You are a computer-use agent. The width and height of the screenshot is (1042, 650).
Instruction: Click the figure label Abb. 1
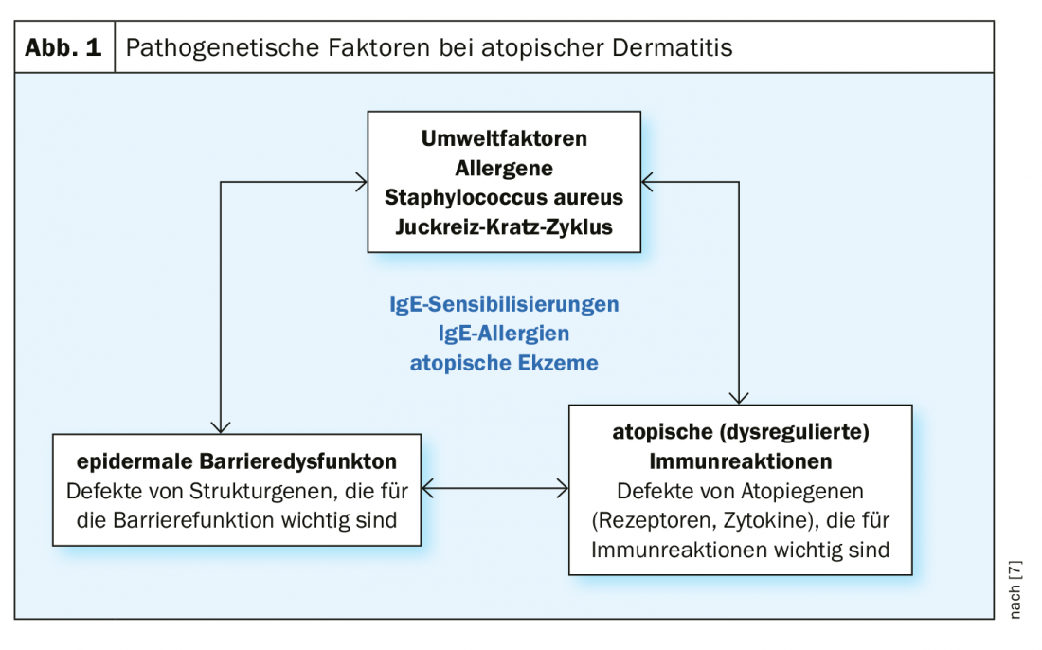[x=63, y=47]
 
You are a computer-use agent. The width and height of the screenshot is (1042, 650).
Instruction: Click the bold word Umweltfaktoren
[x=504, y=138]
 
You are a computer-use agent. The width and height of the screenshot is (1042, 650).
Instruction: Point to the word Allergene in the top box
[x=504, y=168]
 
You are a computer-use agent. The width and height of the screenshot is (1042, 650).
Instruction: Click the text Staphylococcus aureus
[x=504, y=197]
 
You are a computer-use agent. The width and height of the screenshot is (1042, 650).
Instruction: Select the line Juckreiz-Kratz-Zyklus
[x=504, y=226]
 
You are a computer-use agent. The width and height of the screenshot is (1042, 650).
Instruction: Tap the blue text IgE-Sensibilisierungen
[x=504, y=304]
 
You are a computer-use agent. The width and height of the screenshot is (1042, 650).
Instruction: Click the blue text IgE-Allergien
[x=504, y=333]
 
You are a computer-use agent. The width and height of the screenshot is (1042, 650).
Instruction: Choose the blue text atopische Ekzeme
[x=504, y=363]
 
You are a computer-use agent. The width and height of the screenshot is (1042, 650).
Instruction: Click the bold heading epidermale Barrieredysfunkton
[x=237, y=461]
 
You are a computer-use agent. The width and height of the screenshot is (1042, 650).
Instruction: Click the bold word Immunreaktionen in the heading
[x=741, y=461]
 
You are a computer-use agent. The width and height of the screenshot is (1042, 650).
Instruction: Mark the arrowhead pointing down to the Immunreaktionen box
[x=739, y=398]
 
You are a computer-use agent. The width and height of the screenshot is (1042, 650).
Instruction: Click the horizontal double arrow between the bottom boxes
[x=495, y=489]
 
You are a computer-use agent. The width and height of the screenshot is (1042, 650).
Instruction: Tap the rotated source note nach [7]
[x=1015, y=589]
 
